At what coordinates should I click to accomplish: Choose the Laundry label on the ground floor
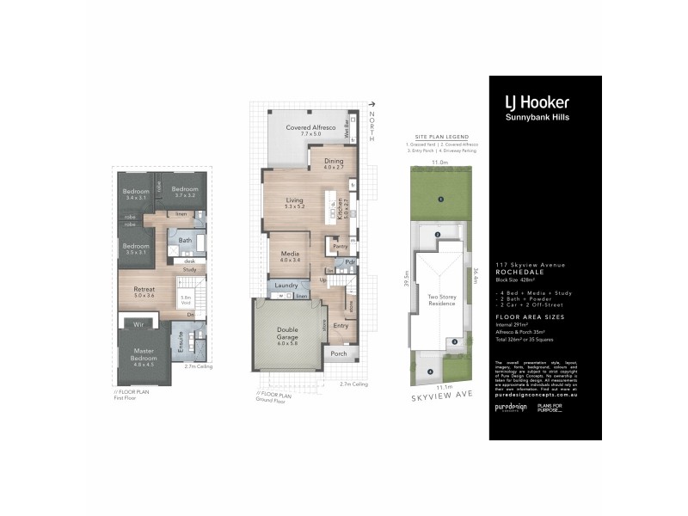(x=286, y=286)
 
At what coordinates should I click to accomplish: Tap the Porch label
(x=338, y=353)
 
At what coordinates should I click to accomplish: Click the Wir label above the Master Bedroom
(x=138, y=325)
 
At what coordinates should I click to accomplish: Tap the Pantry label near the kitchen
(x=339, y=247)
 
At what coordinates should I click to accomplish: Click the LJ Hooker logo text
(x=537, y=101)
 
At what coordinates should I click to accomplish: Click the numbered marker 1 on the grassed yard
(x=439, y=200)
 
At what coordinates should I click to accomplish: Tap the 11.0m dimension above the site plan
(x=439, y=161)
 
